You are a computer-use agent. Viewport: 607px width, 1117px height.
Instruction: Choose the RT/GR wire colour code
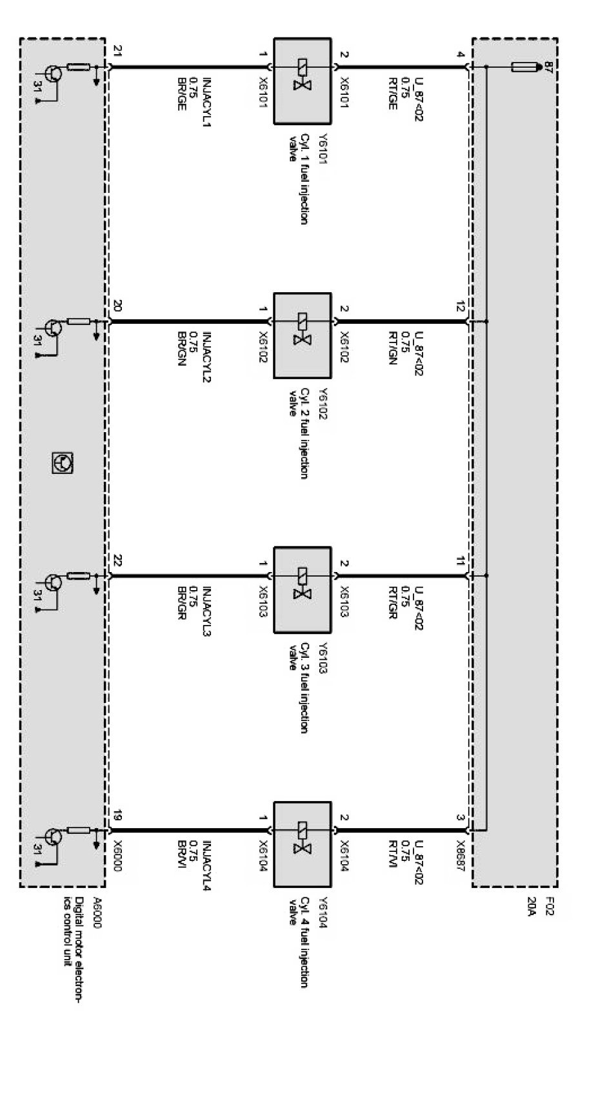pyautogui.click(x=392, y=603)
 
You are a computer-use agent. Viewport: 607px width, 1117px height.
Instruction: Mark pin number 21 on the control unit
pyautogui.click(x=117, y=51)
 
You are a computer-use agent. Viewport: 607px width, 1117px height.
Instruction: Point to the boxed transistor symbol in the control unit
pyautogui.click(x=63, y=462)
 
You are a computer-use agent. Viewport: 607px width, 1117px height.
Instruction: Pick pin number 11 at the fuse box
pyautogui.click(x=460, y=562)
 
